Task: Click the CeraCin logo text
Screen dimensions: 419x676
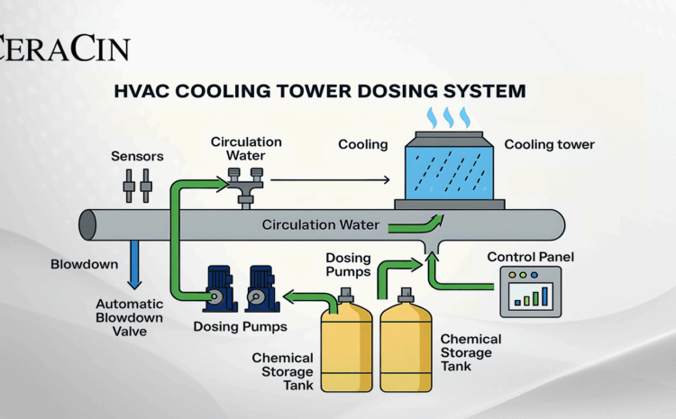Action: pyautogui.click(x=65, y=48)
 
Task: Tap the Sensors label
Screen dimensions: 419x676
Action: pyautogui.click(x=137, y=156)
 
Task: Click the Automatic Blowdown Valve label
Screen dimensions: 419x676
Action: pyautogui.click(x=129, y=317)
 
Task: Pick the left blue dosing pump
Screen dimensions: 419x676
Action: pyautogui.click(x=220, y=287)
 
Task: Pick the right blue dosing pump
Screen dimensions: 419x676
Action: pyautogui.click(x=260, y=287)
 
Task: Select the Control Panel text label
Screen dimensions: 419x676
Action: pyautogui.click(x=530, y=257)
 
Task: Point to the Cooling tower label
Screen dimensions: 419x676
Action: pyautogui.click(x=549, y=144)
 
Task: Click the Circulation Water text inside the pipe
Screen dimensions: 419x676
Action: pyautogui.click(x=321, y=224)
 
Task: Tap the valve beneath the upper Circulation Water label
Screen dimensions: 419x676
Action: pyautogui.click(x=243, y=186)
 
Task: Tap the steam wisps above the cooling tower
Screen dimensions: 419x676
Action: pyautogui.click(x=448, y=117)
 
